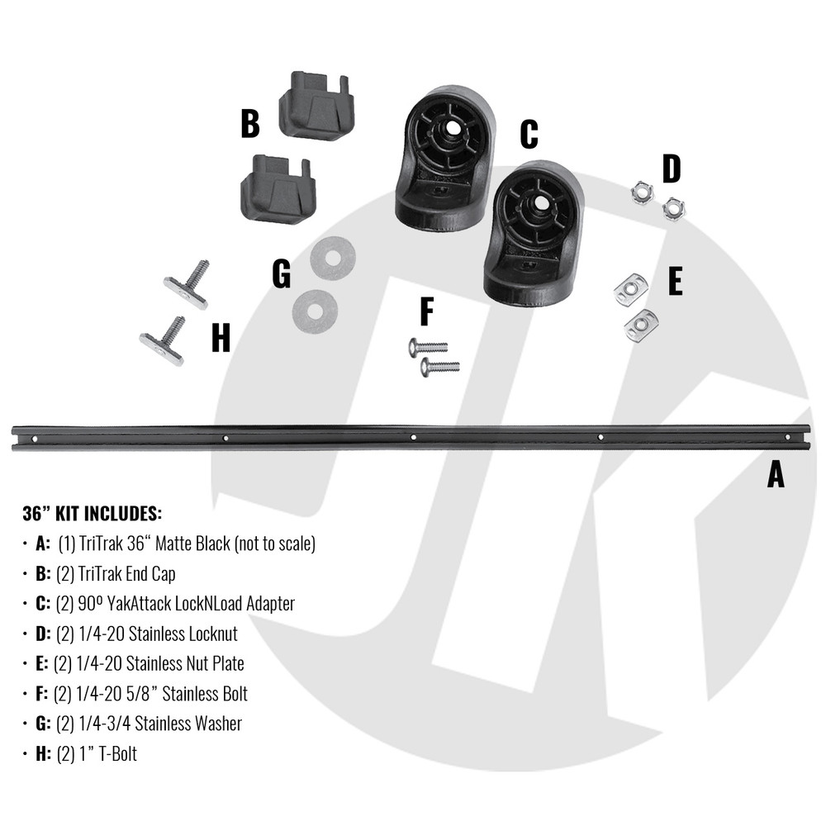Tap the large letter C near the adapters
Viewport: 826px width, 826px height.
click(x=529, y=134)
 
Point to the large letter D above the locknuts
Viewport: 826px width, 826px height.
click(x=671, y=169)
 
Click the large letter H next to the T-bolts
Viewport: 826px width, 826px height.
click(x=221, y=337)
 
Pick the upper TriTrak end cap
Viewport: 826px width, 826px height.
click(x=317, y=106)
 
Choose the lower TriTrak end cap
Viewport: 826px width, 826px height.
click(x=278, y=189)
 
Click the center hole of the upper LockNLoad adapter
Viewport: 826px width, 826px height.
click(x=452, y=127)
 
